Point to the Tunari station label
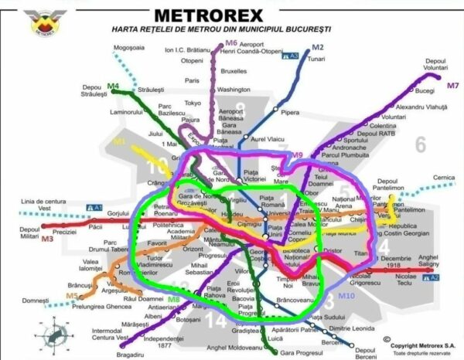[x=316, y=59]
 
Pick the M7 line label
[x=453, y=85]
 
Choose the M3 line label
[x=48, y=240]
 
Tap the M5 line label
[x=71, y=294]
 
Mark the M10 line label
[x=346, y=295]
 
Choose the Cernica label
[x=444, y=178]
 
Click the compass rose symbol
[x=56, y=334]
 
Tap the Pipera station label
[x=291, y=113]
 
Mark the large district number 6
[x=421, y=144]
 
